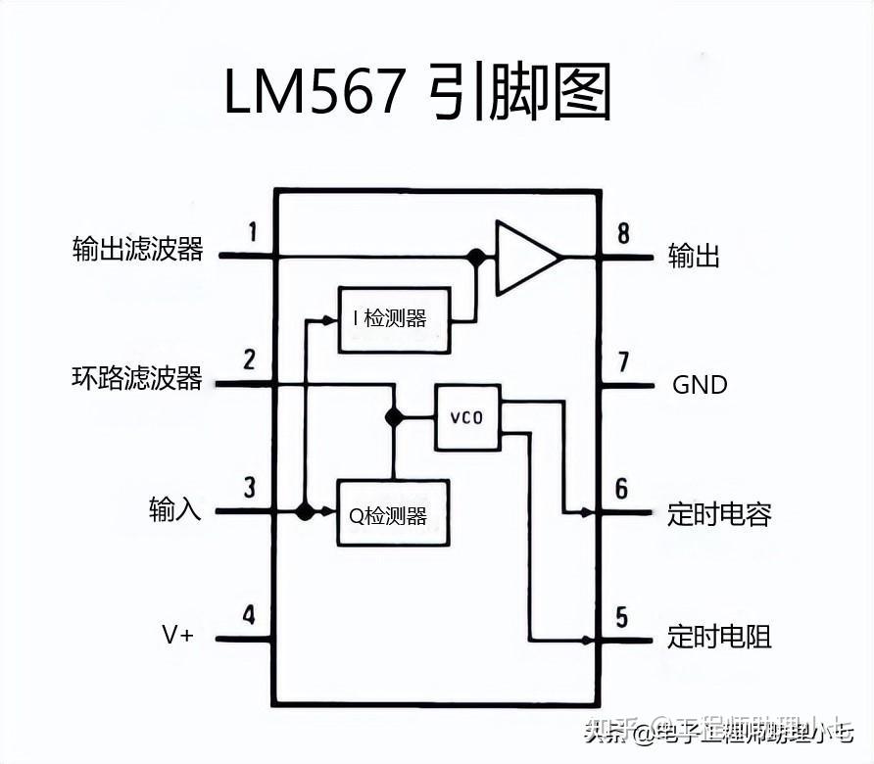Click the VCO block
click(467, 417)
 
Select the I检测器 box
click(394, 319)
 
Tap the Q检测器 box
click(393, 512)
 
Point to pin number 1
click(252, 232)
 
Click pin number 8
click(623, 233)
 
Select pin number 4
click(249, 615)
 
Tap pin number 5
click(621, 617)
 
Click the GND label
click(700, 385)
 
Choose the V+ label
click(178, 635)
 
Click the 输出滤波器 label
click(137, 250)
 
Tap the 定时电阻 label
click(719, 637)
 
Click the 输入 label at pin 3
click(175, 509)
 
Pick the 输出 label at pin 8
click(694, 257)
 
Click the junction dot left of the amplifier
click(476, 257)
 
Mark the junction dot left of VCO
click(394, 417)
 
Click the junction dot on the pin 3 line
click(305, 511)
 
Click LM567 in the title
click(314, 94)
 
